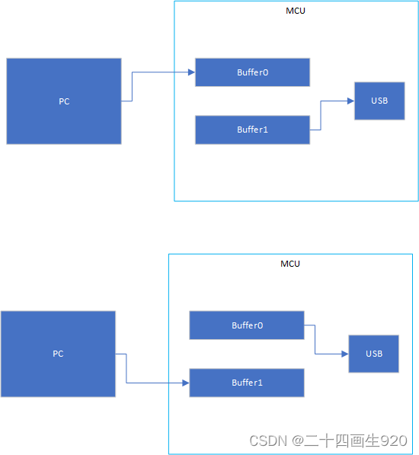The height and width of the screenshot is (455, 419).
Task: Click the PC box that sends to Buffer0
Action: click(x=64, y=101)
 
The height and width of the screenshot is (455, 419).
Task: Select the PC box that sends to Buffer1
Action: click(x=58, y=354)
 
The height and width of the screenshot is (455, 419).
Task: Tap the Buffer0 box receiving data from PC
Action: click(x=252, y=72)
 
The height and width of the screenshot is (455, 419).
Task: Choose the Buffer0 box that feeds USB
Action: click(x=247, y=325)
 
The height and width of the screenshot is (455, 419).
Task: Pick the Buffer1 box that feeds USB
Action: click(x=252, y=130)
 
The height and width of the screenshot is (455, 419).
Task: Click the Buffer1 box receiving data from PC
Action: click(x=247, y=383)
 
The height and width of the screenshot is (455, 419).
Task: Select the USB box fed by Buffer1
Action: click(x=379, y=101)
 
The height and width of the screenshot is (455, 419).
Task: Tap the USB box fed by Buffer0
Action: click(x=373, y=354)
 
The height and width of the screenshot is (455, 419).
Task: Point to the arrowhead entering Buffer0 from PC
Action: click(x=191, y=72)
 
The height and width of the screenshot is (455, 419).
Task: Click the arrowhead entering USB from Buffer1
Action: click(x=350, y=101)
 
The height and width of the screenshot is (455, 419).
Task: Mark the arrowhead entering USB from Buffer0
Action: click(x=344, y=354)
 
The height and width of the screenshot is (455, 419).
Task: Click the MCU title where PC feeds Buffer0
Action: click(x=296, y=11)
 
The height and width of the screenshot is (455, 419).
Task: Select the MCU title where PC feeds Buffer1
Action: click(x=290, y=264)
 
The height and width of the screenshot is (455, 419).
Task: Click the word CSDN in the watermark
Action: click(x=266, y=441)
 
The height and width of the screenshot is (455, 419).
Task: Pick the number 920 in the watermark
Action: click(x=394, y=441)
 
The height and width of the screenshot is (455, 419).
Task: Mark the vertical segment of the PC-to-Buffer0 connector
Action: click(x=133, y=86)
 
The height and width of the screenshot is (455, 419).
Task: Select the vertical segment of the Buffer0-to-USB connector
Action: click(x=315, y=340)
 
